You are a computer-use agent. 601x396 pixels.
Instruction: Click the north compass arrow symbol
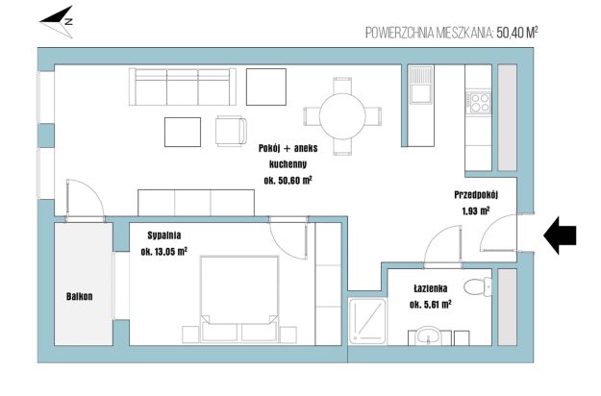tap(58, 21)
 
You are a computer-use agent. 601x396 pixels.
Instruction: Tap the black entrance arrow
tap(560, 235)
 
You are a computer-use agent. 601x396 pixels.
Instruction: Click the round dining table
tap(342, 116)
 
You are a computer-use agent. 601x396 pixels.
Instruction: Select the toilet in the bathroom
tap(477, 286)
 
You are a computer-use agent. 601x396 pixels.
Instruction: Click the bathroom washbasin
tap(429, 335)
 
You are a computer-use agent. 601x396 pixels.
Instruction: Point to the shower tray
tap(367, 321)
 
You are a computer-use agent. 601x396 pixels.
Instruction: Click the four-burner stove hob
tap(478, 102)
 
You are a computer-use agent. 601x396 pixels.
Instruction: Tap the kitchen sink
tap(421, 85)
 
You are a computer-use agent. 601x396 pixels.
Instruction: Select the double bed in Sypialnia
tap(239, 299)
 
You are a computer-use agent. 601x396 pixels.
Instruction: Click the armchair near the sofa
tap(231, 131)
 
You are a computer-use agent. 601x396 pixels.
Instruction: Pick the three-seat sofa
tap(183, 87)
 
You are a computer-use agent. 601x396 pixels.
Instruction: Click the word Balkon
tap(80, 296)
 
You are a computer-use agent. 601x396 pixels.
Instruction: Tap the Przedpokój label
tap(476, 195)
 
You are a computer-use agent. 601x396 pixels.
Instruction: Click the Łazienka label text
tap(431, 288)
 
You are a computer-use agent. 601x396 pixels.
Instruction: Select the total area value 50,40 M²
tap(517, 33)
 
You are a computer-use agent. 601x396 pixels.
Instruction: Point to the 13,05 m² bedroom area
tap(164, 252)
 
